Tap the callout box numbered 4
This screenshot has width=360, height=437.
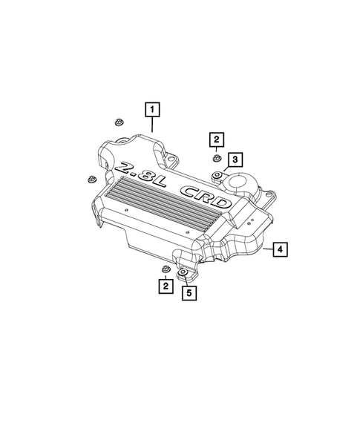tap(279, 249)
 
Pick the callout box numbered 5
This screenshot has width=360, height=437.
tap(189, 293)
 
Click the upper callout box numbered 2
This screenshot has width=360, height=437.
tap(216, 139)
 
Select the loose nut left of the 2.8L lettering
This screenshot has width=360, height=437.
tap(91, 178)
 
